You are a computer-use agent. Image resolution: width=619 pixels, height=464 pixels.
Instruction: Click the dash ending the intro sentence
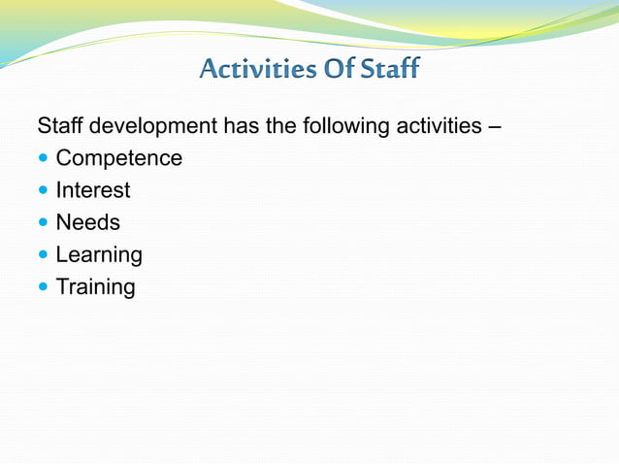pos(494,127)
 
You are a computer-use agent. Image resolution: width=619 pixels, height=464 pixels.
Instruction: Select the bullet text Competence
pos(118,158)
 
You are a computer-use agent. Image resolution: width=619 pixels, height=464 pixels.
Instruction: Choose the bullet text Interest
pos(92,190)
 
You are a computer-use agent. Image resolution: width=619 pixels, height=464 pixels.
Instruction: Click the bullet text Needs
pos(87,222)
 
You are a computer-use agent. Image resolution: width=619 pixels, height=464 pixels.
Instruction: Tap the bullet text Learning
pos(99,255)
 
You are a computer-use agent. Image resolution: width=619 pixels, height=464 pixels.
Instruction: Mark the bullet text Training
pos(95,287)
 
